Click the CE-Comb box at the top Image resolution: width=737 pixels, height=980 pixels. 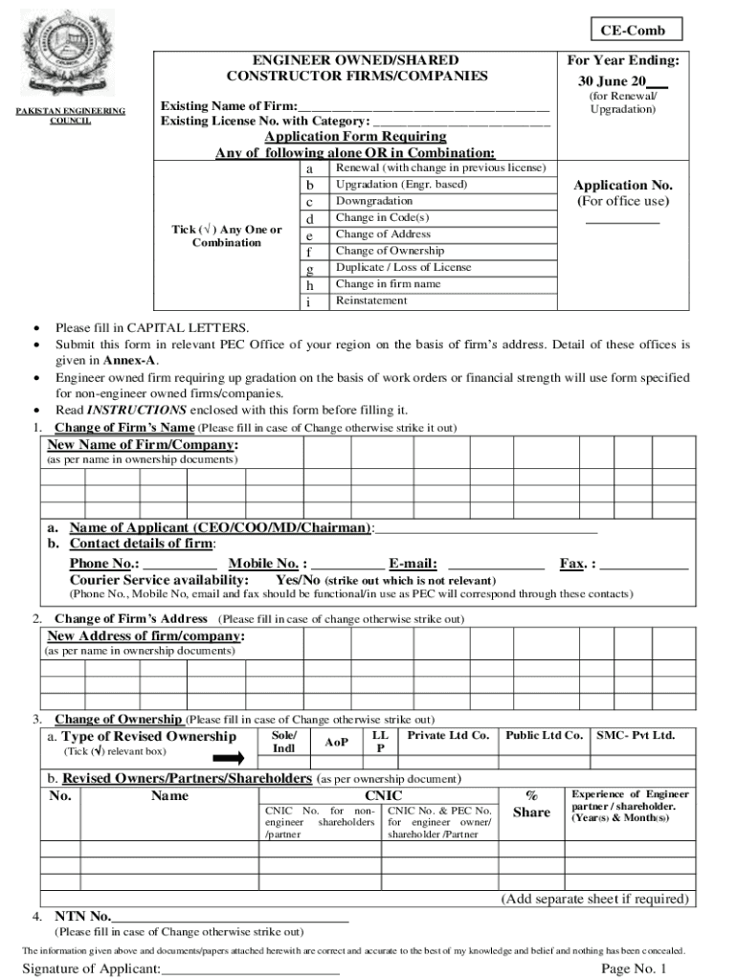click(633, 31)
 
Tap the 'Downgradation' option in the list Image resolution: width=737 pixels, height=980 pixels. click(374, 201)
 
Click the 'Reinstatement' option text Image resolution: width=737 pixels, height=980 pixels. click(371, 301)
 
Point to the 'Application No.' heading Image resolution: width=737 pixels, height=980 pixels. click(623, 185)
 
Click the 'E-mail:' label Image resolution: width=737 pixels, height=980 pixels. click(413, 564)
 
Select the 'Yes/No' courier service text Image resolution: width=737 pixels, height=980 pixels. click(298, 580)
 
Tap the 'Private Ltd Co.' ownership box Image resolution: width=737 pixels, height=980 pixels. click(448, 736)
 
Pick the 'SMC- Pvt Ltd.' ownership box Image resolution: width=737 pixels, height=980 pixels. click(636, 736)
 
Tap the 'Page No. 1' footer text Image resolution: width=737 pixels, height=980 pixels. click(634, 969)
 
